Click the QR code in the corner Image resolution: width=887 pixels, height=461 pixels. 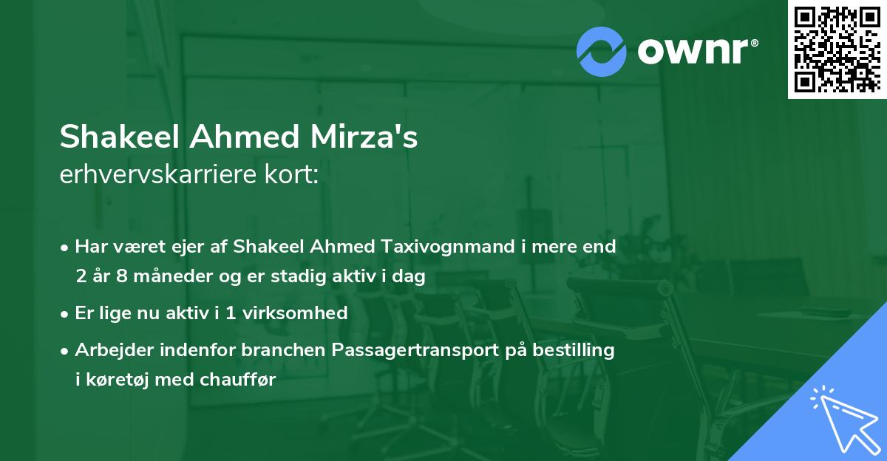coord(837,49)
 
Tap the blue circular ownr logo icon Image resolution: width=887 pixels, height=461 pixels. coord(602,51)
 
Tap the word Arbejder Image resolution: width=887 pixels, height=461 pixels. coord(110,350)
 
